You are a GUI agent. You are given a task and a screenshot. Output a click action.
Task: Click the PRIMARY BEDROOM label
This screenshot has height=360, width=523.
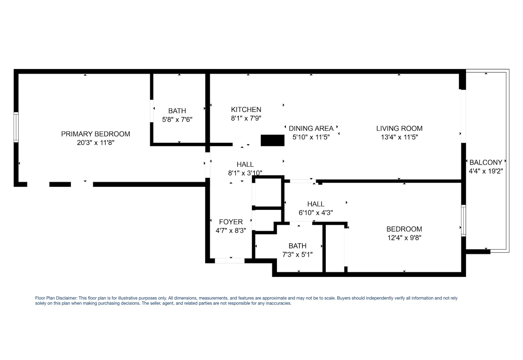pyautogui.click(x=95, y=134)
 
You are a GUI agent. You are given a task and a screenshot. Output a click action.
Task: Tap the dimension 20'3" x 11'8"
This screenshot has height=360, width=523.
pyautogui.click(x=95, y=143)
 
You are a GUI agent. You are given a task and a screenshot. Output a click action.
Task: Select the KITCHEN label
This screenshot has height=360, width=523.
pyautogui.click(x=246, y=110)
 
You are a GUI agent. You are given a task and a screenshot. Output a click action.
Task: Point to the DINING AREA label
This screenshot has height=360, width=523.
pyautogui.click(x=311, y=128)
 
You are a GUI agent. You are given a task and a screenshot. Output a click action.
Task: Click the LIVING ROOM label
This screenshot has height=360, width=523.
pyautogui.click(x=399, y=128)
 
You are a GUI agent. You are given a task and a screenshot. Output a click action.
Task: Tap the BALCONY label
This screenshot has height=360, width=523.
pyautogui.click(x=486, y=162)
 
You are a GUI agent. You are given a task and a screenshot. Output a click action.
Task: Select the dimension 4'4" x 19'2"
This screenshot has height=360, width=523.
pyautogui.click(x=486, y=171)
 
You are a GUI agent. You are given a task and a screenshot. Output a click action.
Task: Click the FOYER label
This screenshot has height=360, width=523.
pyautogui.click(x=231, y=222)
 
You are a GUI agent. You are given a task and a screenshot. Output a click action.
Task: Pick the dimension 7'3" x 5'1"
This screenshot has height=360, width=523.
pyautogui.click(x=297, y=255)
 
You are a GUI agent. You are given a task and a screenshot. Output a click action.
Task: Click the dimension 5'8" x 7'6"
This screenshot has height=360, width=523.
pyautogui.click(x=177, y=120)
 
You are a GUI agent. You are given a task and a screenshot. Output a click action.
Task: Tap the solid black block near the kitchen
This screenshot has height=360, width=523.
pyautogui.click(x=272, y=140)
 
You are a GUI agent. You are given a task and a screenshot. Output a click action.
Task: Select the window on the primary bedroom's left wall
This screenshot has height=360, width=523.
pyautogui.click(x=16, y=127)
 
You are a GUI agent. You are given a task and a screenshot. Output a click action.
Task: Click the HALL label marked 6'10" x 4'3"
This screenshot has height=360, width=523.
pyautogui.click(x=316, y=204)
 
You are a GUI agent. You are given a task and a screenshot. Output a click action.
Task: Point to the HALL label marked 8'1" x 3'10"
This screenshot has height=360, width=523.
pyautogui.click(x=245, y=165)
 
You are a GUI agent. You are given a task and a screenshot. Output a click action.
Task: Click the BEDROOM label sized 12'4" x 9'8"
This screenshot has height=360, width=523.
pyautogui.click(x=404, y=229)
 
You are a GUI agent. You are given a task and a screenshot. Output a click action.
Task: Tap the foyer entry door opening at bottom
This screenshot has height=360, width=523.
pyautogui.click(x=229, y=261)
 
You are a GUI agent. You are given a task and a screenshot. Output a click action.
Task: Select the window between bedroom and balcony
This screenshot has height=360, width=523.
pyautogui.click(x=464, y=220)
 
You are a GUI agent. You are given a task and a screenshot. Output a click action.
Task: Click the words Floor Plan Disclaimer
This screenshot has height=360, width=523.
pyautogui.click(x=56, y=298)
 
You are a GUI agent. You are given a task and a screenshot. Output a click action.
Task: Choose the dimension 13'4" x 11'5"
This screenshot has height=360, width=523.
pyautogui.click(x=399, y=137)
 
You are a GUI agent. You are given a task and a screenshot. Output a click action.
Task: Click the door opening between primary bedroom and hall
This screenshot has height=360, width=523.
pyautogui.click(x=208, y=165)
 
